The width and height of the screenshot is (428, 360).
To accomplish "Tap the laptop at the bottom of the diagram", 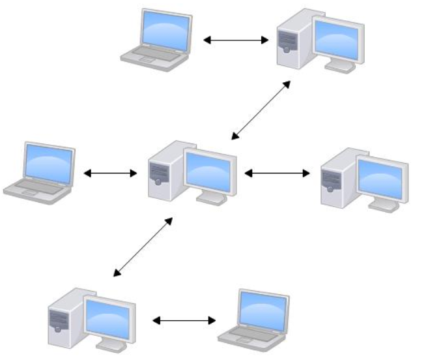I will (254, 316).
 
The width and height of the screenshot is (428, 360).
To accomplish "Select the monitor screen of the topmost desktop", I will (336, 39).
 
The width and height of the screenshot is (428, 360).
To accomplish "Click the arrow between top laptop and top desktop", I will (236, 40).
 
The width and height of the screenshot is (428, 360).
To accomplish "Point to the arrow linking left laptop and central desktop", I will (110, 173).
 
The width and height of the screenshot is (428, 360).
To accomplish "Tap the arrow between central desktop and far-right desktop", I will (277, 173).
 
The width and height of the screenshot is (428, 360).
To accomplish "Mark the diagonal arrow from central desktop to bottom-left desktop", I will (143, 246).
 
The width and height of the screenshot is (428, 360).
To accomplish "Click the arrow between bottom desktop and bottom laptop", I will (184, 320).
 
